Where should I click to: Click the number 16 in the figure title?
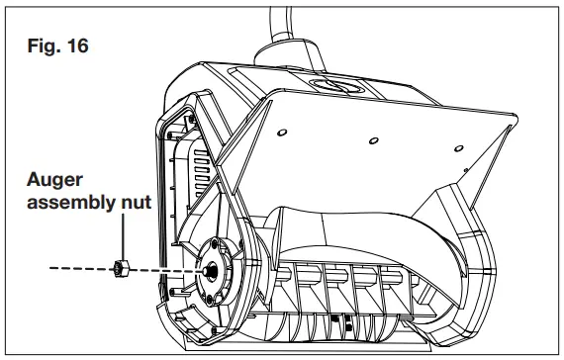(77, 45)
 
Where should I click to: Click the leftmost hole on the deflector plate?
(282, 132)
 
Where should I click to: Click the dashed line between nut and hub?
(163, 266)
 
